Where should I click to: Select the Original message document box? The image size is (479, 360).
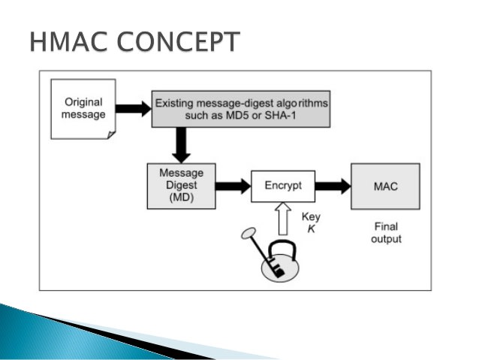(83, 108)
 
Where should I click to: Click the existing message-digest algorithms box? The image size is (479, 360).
(242, 108)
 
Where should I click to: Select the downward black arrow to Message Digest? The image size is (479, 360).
(180, 143)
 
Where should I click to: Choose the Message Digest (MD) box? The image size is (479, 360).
(181, 185)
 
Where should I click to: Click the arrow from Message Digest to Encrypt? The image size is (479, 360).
(233, 186)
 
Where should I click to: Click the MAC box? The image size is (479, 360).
(385, 186)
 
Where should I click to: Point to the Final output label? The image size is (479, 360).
(386, 232)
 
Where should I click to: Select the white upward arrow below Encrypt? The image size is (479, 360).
(283, 221)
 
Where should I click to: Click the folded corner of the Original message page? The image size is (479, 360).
(111, 134)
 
